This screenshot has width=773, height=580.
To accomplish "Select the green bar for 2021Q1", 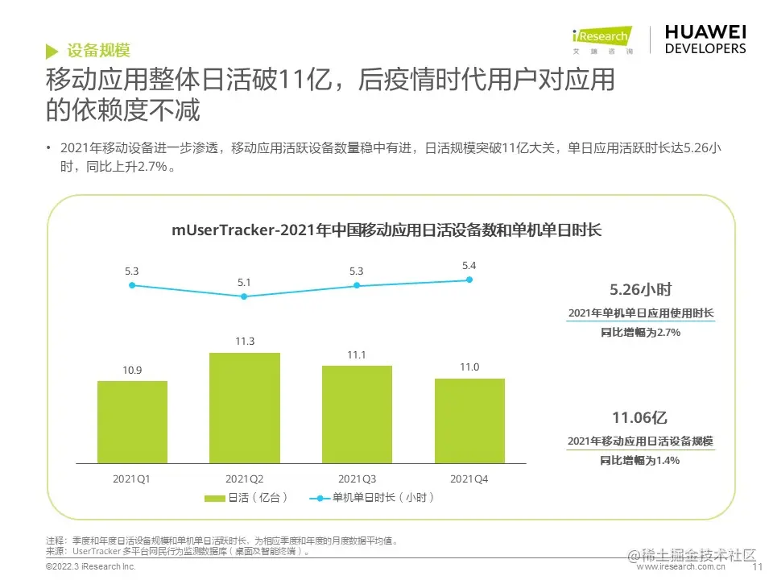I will tap(132, 422).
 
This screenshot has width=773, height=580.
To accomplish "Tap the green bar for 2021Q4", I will tap(469, 420).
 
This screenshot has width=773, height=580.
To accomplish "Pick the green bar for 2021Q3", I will tap(357, 415).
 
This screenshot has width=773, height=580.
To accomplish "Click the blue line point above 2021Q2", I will tap(245, 296).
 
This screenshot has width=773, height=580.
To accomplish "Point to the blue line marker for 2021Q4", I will tap(469, 280).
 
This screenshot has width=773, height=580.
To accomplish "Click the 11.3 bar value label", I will tap(245, 342).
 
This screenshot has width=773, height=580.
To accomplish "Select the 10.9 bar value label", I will tap(132, 370).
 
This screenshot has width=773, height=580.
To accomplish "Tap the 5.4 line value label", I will tap(469, 265).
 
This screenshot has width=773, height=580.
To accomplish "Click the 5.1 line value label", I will tap(245, 282).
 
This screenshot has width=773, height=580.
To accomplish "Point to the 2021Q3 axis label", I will tap(357, 478).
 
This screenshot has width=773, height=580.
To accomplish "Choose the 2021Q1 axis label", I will tap(132, 478).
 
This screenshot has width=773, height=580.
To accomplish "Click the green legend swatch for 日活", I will tap(215, 498).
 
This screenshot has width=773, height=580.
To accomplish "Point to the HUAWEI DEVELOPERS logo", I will tap(705, 39).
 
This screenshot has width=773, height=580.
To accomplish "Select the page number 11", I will tap(756, 567).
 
